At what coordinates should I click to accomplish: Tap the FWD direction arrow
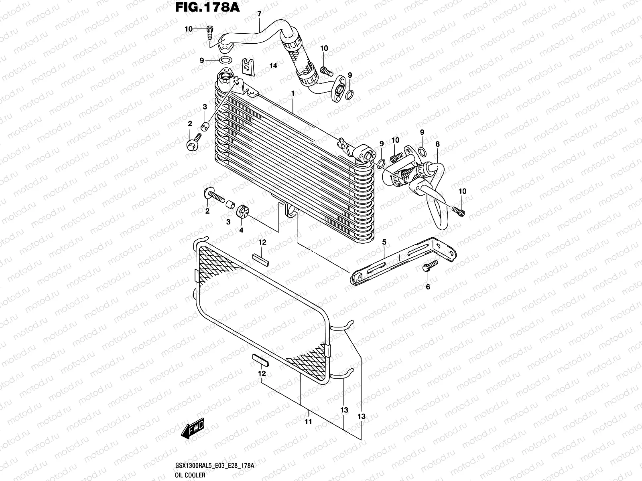pos(193,429)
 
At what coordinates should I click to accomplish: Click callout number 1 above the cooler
pos(294,93)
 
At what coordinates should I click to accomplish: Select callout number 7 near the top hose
pos(259,14)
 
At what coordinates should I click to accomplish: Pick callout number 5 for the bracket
pos(384,242)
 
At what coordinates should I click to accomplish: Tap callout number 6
pos(428,287)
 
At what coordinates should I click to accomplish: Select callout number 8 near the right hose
pos(437,144)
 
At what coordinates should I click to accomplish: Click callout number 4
pos(242,230)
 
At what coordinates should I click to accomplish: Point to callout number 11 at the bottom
pos(308,422)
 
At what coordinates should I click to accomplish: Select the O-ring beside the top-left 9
pos(226,61)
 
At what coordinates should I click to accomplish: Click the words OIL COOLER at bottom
pos(191,475)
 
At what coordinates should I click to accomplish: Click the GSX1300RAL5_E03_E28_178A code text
pos(215,467)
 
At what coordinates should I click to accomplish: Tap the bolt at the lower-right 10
pos(458,211)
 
